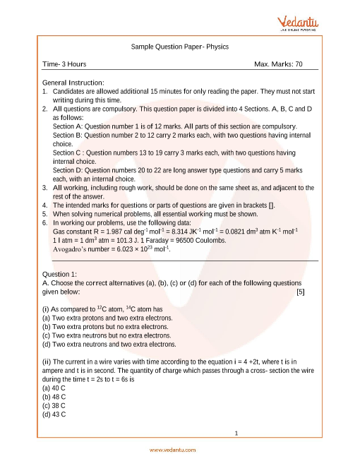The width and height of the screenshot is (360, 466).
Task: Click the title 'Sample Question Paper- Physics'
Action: click(180, 47)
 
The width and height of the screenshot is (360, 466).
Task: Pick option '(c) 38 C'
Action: click(54, 405)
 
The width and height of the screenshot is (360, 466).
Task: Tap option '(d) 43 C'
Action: click(54, 414)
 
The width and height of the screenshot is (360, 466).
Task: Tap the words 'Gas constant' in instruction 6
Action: click(74, 232)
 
